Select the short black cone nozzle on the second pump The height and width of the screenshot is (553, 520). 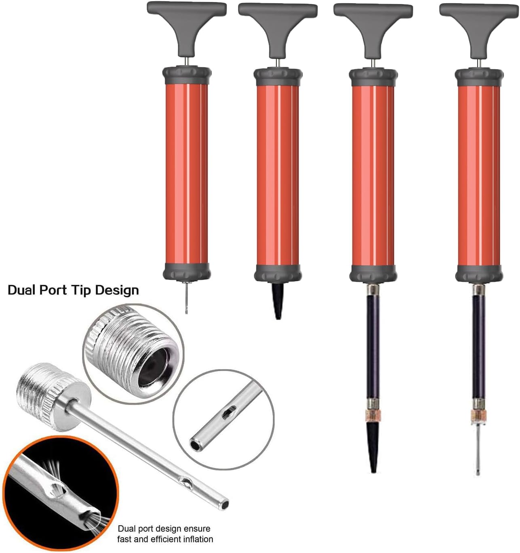point(278,301)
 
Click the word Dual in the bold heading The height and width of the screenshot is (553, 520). point(22,290)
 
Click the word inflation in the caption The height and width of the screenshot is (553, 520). point(196,539)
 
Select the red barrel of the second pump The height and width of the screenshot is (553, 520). point(278,175)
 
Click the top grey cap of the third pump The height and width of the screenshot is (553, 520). point(373,78)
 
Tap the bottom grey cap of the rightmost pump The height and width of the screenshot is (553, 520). point(479,274)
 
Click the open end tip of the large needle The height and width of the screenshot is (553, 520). point(224,504)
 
